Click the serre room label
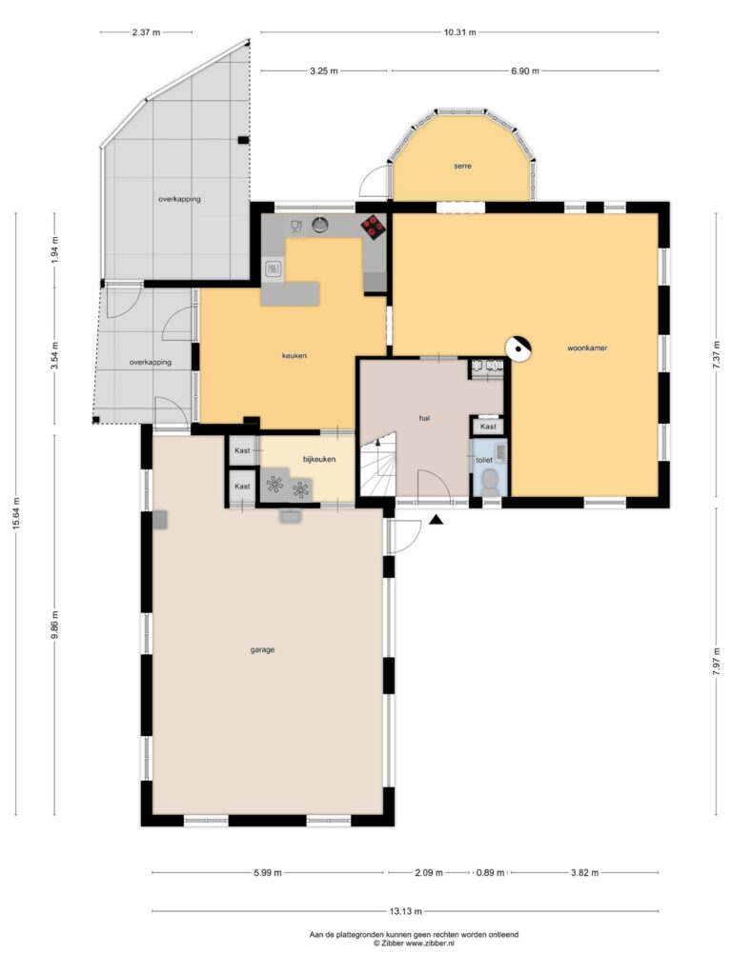pos(462,166)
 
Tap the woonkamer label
pos(587,348)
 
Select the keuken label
pos(295,356)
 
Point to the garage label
pos(263,649)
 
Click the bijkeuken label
pos(319,460)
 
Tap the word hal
pos(424,419)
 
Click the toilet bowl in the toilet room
pos(491,481)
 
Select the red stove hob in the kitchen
pos(374,227)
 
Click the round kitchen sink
pos(320,223)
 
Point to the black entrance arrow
pos(437,520)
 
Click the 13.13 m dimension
pos(406,911)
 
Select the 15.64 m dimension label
pos(17,513)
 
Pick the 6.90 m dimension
pos(525,70)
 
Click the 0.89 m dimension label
pos(491,872)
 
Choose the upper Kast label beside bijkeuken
pos(242,450)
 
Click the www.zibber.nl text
pos(431,944)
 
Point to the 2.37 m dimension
pos(146,32)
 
